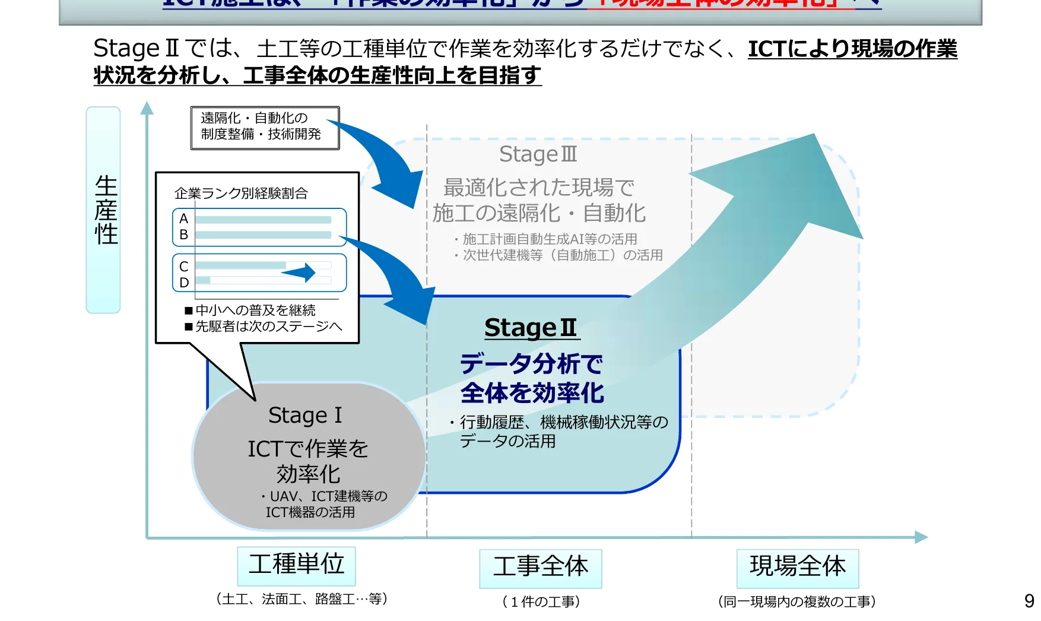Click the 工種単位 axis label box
click(296, 565)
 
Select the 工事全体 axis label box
click(540, 568)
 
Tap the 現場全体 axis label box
click(797, 568)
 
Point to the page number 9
click(1029, 601)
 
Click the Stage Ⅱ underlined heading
click(531, 328)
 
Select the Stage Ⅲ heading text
click(538, 154)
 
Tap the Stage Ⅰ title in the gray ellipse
click(305, 416)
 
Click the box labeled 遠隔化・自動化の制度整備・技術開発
click(265, 127)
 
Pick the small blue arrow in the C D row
click(299, 273)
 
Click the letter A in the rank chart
click(184, 218)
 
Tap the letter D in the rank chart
click(184, 283)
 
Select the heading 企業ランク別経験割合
click(241, 194)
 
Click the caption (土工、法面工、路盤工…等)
click(302, 599)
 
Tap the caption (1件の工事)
click(541, 602)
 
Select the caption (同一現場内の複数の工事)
click(797, 602)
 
